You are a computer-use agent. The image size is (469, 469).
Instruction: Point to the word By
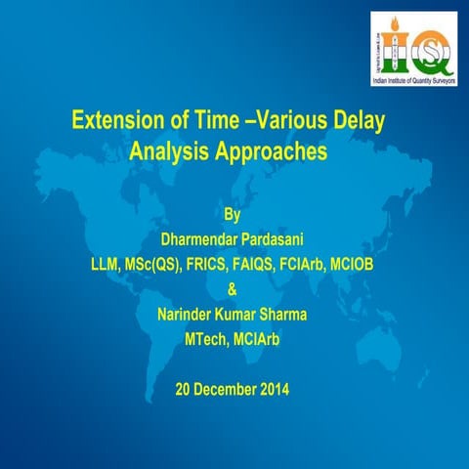[x=233, y=211]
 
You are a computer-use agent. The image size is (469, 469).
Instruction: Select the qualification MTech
[x=204, y=339]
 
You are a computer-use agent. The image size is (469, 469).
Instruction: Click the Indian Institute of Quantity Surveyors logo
[x=411, y=36]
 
